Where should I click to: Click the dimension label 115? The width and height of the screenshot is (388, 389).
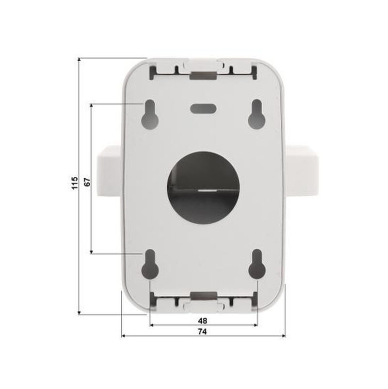75,183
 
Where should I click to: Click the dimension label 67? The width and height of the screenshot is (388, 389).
87,182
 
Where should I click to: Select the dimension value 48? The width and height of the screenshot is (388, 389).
202,321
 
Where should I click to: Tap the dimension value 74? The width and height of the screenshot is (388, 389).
202,331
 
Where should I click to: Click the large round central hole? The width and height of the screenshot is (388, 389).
203,188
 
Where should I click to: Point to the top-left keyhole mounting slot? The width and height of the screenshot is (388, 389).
150,114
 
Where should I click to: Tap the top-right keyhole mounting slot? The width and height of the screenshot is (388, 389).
257,114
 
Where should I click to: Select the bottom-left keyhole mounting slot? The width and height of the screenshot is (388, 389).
150,264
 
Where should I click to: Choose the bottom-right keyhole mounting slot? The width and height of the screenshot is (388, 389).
257,264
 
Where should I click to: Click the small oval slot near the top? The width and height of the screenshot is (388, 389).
203,108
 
